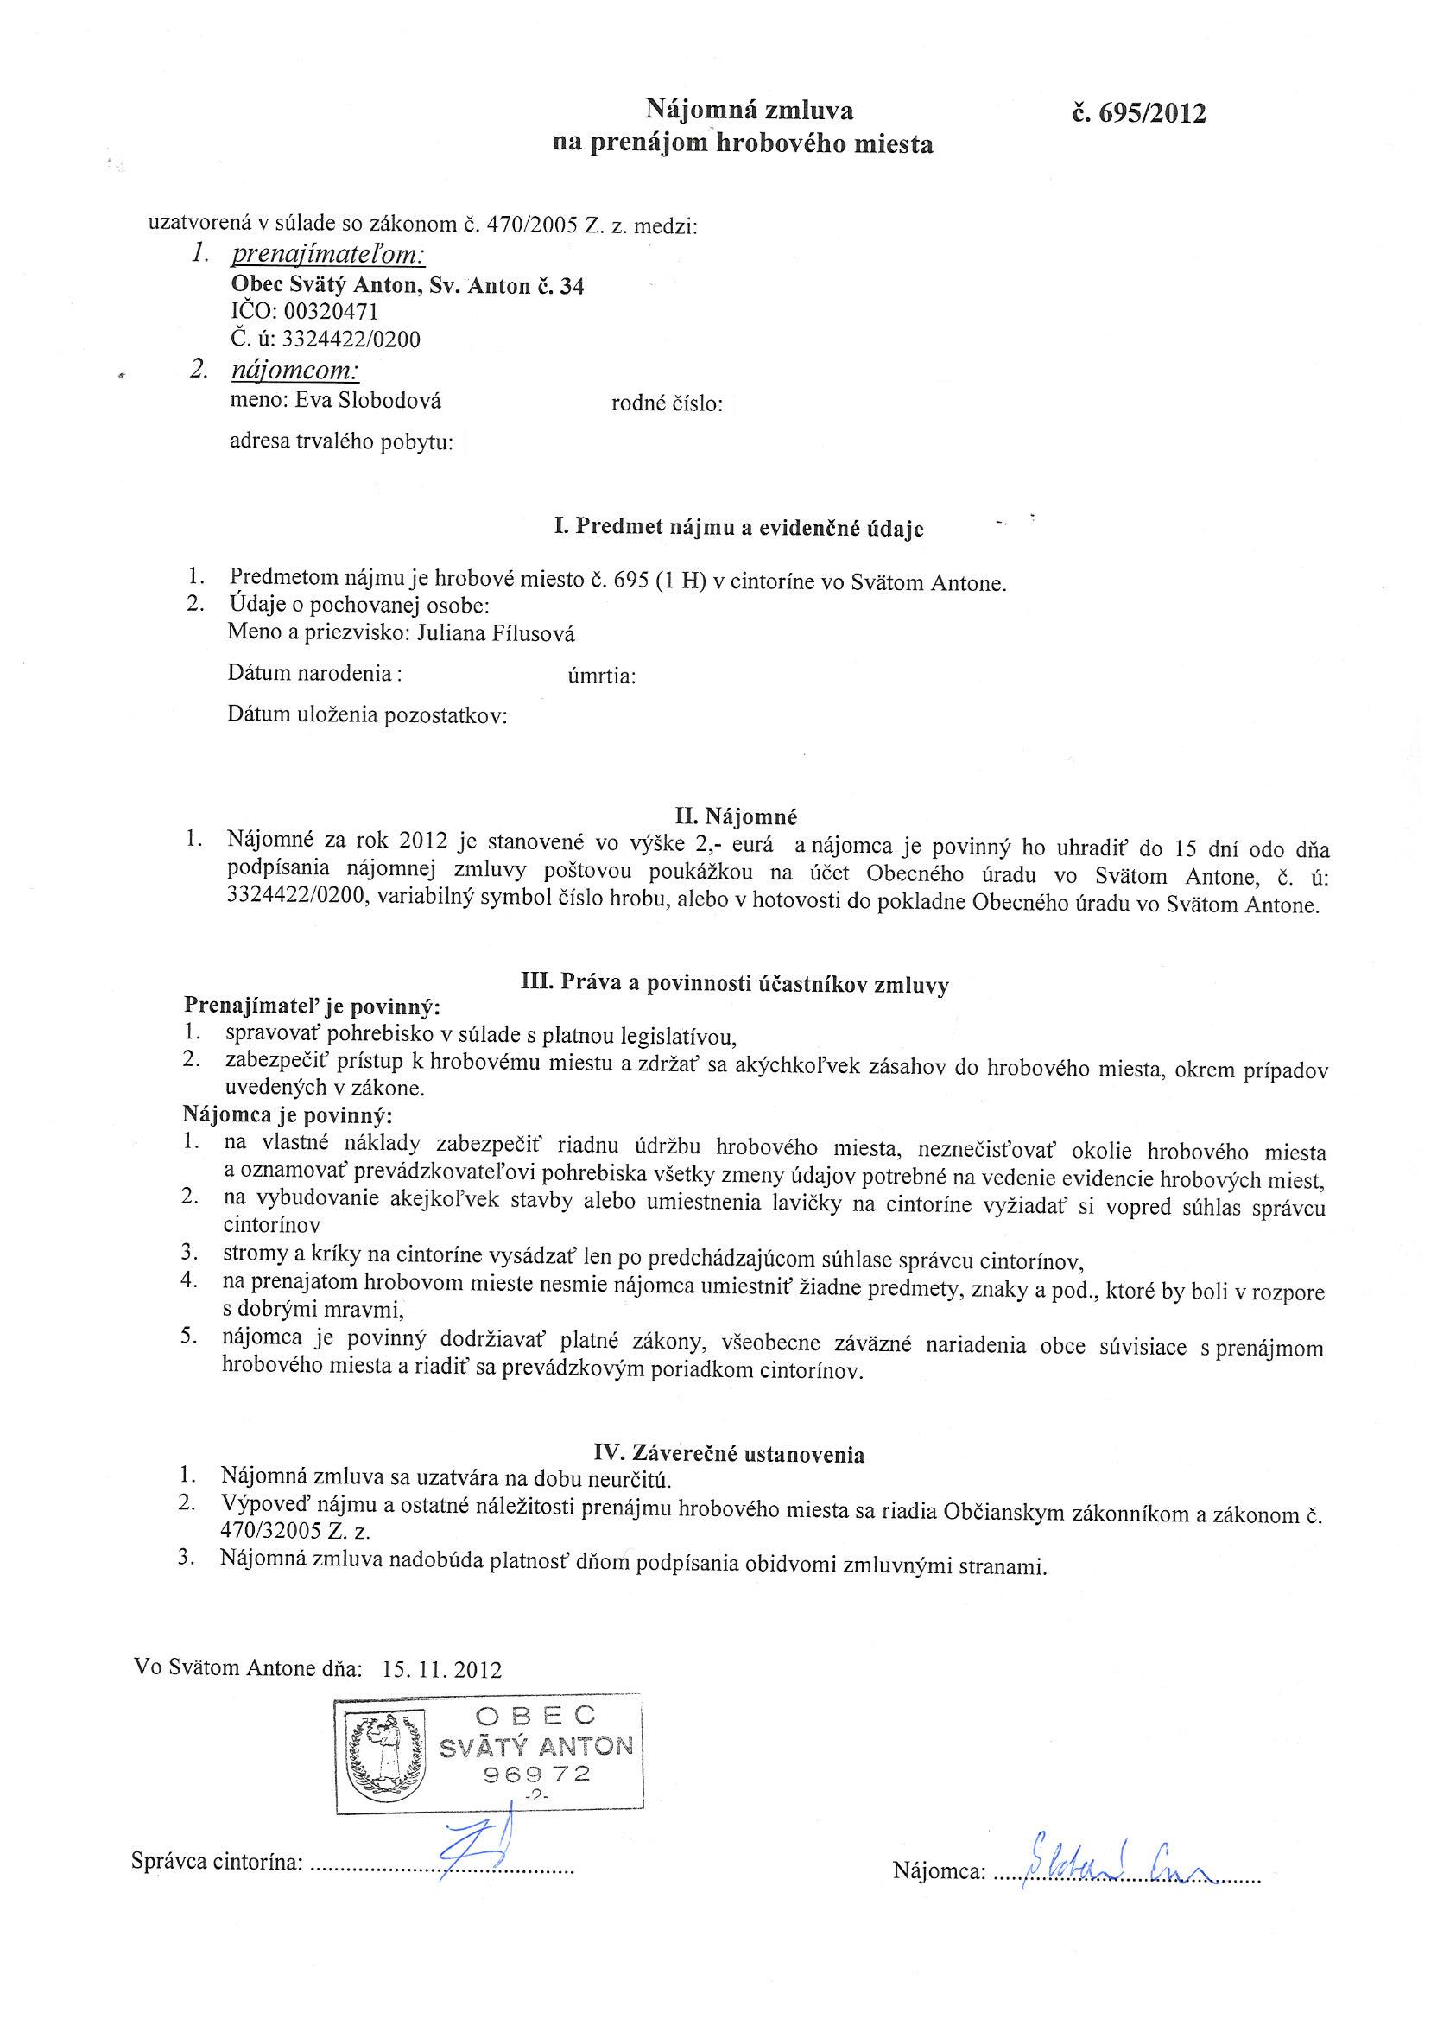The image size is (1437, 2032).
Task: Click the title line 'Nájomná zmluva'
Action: pyautogui.click(x=749, y=111)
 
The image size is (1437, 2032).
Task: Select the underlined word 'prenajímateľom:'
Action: pyautogui.click(x=328, y=256)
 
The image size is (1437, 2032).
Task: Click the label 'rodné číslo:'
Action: pyautogui.click(x=668, y=404)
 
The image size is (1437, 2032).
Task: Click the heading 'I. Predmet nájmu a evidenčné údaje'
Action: pyautogui.click(x=739, y=529)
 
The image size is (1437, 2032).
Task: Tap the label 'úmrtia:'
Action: pyautogui.click(x=601, y=677)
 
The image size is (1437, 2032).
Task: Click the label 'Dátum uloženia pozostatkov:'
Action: pyautogui.click(x=367, y=714)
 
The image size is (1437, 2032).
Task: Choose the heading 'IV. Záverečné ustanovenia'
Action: pyautogui.click(x=727, y=1453)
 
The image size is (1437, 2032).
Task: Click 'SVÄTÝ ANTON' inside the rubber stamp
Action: pyautogui.click(x=536, y=1746)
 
